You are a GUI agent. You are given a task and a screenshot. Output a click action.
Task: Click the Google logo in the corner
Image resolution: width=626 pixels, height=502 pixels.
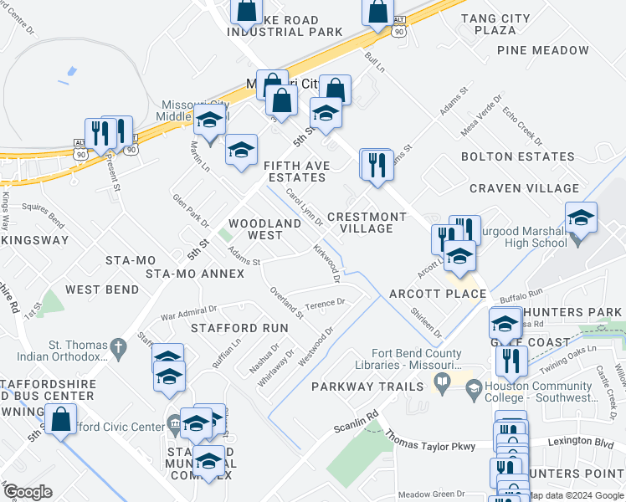28,492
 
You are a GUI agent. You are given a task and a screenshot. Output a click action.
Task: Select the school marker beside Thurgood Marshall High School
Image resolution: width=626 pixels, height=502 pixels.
581,218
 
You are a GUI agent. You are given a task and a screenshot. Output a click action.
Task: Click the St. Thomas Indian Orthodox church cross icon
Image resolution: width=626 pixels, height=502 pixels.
120,346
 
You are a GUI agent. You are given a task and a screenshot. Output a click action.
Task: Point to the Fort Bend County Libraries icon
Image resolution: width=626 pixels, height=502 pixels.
442,382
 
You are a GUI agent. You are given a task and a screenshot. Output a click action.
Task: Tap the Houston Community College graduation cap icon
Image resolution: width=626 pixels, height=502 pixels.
474,389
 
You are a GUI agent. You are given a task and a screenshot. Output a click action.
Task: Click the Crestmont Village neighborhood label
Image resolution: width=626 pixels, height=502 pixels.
367,223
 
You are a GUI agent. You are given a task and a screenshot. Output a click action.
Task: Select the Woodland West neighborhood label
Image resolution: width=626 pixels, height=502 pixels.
265,229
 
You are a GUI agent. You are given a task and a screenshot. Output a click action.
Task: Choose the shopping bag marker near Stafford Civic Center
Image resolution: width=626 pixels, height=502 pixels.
61,420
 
